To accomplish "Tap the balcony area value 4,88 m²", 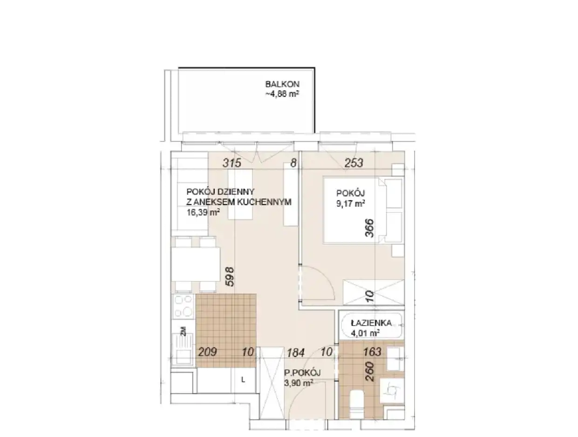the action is (282, 94).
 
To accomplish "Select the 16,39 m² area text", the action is (203, 212).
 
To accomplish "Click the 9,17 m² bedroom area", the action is (350, 203).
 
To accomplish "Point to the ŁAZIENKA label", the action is (371, 323).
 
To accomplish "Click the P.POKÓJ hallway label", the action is (302, 373).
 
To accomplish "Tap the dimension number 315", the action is (232, 163).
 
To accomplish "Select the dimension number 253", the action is (354, 163).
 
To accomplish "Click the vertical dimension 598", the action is (230, 277).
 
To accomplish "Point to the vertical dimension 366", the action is (370, 228).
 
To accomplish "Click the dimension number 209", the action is (207, 352).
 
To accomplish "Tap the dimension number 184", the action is (295, 353).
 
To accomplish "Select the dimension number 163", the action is (372, 352).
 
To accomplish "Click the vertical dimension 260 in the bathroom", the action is (370, 371).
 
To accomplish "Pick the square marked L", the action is (243, 380).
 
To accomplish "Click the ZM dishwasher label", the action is (184, 331).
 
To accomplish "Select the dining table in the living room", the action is (196, 264).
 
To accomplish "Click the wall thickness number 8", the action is (293, 163).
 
